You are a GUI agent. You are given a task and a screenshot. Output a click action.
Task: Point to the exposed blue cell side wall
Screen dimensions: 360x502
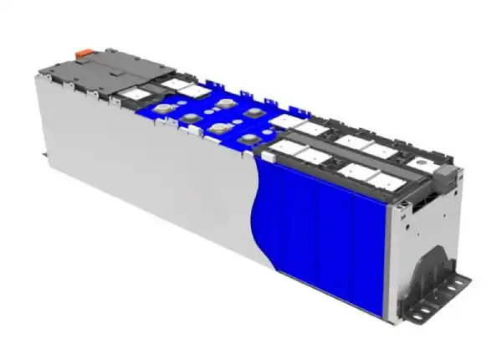(326, 234)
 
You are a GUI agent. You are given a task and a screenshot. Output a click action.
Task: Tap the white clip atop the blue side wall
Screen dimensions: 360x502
(269, 156)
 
